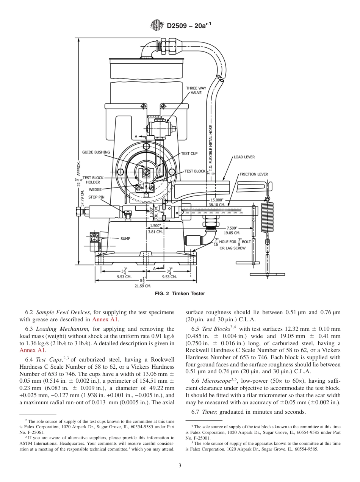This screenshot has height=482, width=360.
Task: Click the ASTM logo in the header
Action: click(x=156, y=25)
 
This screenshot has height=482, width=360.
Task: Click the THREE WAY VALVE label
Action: click(x=196, y=90)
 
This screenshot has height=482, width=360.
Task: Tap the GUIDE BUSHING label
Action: click(x=96, y=152)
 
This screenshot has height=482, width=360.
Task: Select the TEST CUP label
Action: click(x=189, y=153)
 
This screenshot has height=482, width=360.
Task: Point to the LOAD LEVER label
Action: click(x=244, y=157)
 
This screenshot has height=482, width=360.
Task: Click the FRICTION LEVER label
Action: click(x=254, y=174)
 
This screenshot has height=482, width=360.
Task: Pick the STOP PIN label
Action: click(x=96, y=197)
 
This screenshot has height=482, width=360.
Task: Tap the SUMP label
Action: click(x=125, y=239)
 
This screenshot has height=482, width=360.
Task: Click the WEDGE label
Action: click(x=95, y=189)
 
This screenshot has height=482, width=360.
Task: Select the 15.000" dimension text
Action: click(x=217, y=200)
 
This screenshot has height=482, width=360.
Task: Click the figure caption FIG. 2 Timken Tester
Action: click(x=180, y=294)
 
